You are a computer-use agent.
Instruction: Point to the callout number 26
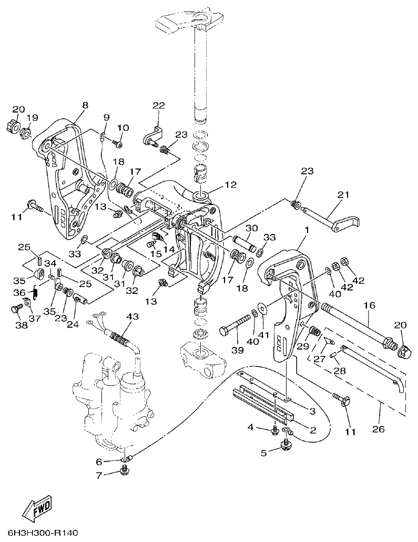click(378, 429)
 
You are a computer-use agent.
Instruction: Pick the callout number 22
click(159, 106)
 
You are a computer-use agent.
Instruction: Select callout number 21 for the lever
click(343, 195)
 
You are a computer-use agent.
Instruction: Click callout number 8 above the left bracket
click(85, 105)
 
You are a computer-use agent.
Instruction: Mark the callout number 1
click(305, 230)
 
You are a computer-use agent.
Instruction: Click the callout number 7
click(98, 476)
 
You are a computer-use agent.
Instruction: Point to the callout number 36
click(18, 292)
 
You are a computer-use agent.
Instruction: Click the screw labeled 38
click(15, 309)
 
